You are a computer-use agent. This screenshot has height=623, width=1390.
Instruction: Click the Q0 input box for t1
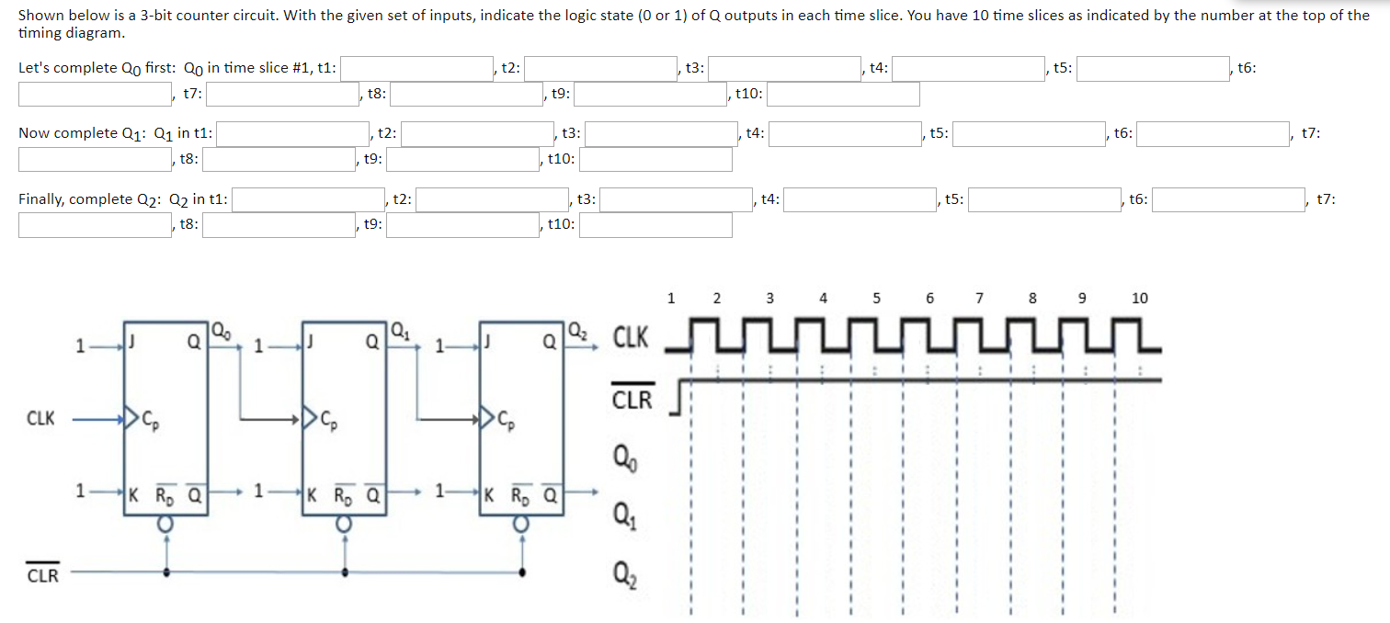pos(418,69)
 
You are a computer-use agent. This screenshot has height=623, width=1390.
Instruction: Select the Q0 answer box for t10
pos(843,95)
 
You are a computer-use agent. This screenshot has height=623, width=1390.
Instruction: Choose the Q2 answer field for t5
pos(1044,200)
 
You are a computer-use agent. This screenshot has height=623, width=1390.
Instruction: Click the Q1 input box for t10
pos(655,160)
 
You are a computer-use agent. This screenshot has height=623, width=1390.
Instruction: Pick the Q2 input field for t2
pos(492,200)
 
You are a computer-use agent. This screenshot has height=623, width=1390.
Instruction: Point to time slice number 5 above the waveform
pos(876,298)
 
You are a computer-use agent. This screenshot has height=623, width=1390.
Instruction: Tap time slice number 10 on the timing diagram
pos(1139,298)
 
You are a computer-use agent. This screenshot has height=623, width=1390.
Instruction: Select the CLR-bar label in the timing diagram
pos(632,400)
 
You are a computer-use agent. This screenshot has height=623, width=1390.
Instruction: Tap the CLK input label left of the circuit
pos(40,418)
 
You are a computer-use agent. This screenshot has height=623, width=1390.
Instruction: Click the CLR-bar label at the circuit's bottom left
pos(42,575)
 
